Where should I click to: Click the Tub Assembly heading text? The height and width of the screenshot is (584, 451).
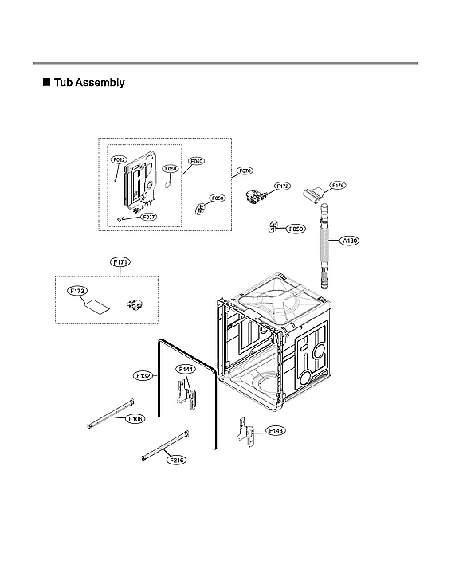point(88,82)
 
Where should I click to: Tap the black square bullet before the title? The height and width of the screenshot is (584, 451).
point(46,82)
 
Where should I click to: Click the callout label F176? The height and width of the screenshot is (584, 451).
point(337,185)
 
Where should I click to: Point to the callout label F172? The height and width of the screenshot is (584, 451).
point(282,186)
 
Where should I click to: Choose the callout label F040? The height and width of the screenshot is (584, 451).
point(196,161)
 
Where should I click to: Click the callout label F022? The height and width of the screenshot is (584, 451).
point(119,159)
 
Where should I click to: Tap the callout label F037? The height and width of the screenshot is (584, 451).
point(149,216)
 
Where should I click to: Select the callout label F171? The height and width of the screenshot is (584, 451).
point(120,262)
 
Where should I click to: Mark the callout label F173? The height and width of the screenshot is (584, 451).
point(77,292)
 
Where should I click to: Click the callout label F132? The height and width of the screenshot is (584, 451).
point(143,374)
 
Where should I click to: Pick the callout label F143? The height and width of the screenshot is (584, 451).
point(276,430)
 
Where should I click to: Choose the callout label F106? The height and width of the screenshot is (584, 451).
point(136,418)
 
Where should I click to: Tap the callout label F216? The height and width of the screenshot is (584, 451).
point(176,460)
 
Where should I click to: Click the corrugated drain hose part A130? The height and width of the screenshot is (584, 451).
point(325,247)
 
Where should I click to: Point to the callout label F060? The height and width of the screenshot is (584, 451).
point(171,169)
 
